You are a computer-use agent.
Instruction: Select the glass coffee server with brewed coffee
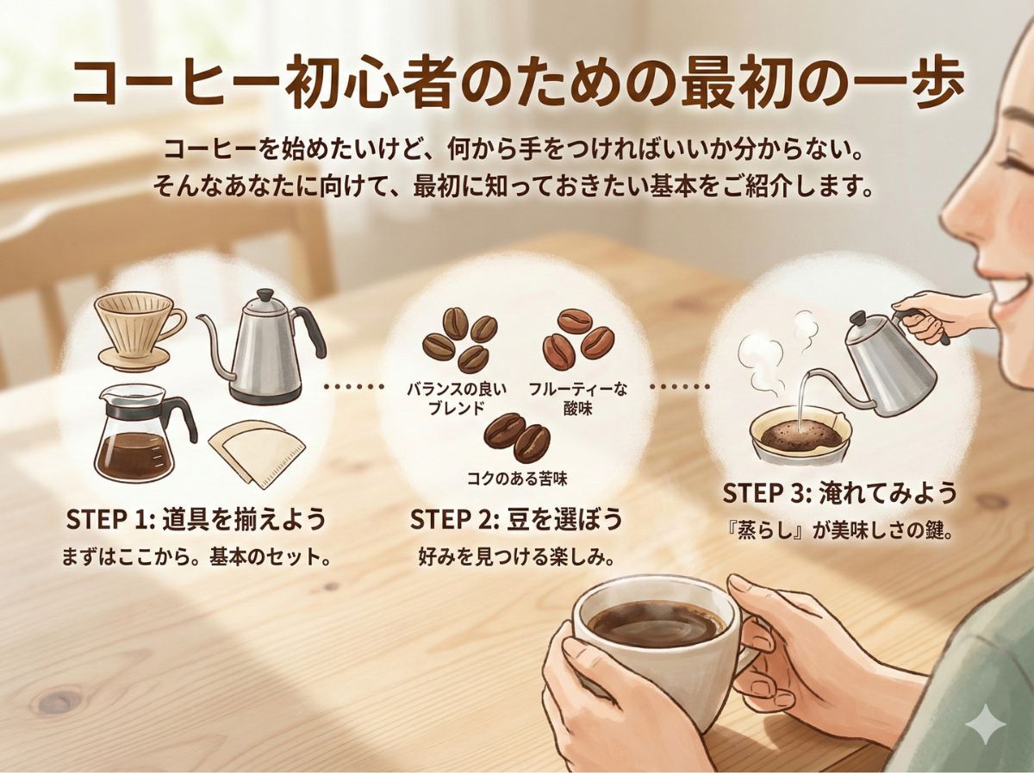coord(138,435)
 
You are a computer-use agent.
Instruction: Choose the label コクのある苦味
coord(517,477)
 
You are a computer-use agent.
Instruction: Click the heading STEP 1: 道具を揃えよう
coord(196,520)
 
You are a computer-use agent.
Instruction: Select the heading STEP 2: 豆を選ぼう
coord(516,520)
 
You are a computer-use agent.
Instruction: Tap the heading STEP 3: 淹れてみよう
coord(839,493)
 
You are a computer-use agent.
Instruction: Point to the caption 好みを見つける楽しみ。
coord(516,557)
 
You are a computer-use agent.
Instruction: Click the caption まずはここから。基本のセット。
coord(196,557)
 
